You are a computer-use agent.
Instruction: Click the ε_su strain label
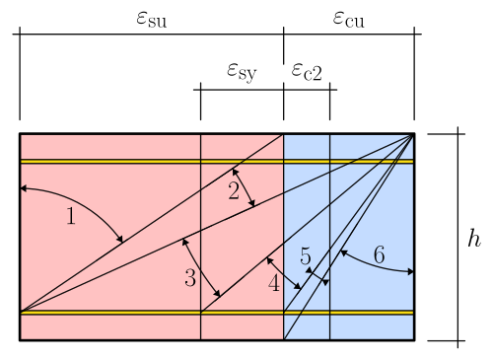151,18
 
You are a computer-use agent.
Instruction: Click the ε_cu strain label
348,18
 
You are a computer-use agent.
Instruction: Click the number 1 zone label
70,217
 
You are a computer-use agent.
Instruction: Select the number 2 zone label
234,191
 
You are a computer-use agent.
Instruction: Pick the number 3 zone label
190,278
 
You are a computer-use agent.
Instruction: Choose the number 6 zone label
379,254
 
